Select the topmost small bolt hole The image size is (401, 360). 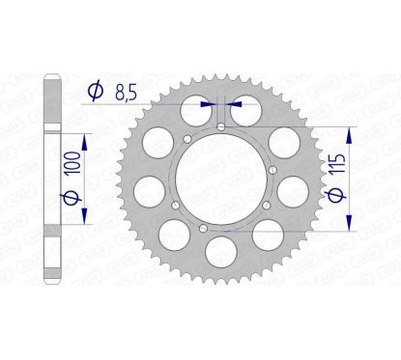[223, 126]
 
